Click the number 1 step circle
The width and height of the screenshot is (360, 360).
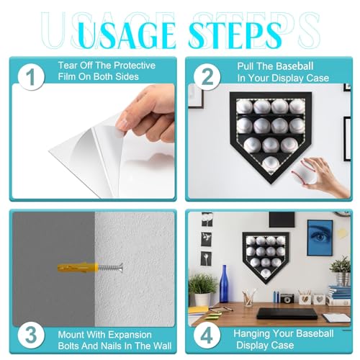[x=31, y=77]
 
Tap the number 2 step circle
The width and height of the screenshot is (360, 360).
[x=207, y=77]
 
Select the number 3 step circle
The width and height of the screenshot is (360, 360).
[x=31, y=335]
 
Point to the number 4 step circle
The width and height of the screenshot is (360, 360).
[x=207, y=336]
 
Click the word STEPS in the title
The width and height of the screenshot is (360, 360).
[x=235, y=35]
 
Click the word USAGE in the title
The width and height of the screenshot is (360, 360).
[x=127, y=35]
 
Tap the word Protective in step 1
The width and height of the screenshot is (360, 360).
[x=135, y=66]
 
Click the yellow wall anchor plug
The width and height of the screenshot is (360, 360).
[x=78, y=267]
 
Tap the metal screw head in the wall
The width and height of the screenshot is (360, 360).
[x=121, y=267]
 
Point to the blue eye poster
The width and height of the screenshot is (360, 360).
[x=320, y=238]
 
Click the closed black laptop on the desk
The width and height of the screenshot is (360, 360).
[x=287, y=313]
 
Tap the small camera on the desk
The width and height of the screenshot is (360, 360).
[x=287, y=298]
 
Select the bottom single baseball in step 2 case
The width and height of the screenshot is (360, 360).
[x=271, y=164]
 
